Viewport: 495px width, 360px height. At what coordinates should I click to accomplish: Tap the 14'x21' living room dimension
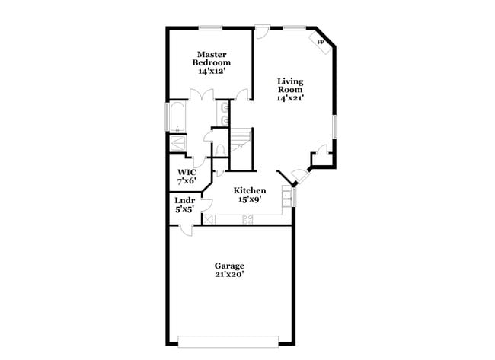(x=290, y=98)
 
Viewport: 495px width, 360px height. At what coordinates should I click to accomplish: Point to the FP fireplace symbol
(x=320, y=43)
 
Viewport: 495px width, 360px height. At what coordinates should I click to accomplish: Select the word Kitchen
(x=249, y=190)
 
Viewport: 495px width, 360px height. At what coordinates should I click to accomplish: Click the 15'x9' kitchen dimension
(x=249, y=200)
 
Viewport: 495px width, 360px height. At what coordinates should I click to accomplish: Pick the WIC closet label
(x=187, y=172)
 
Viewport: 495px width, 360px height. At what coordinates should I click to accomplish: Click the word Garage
(x=228, y=266)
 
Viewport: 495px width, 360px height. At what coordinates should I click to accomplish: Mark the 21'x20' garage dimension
(x=228, y=275)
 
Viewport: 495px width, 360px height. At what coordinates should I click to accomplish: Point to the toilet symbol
(x=220, y=149)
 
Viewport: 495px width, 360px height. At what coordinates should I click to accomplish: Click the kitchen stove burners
(x=247, y=220)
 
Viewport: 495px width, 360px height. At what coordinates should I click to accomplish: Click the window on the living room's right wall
(x=334, y=126)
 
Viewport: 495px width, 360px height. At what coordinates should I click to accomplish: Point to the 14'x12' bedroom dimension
(x=212, y=71)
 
